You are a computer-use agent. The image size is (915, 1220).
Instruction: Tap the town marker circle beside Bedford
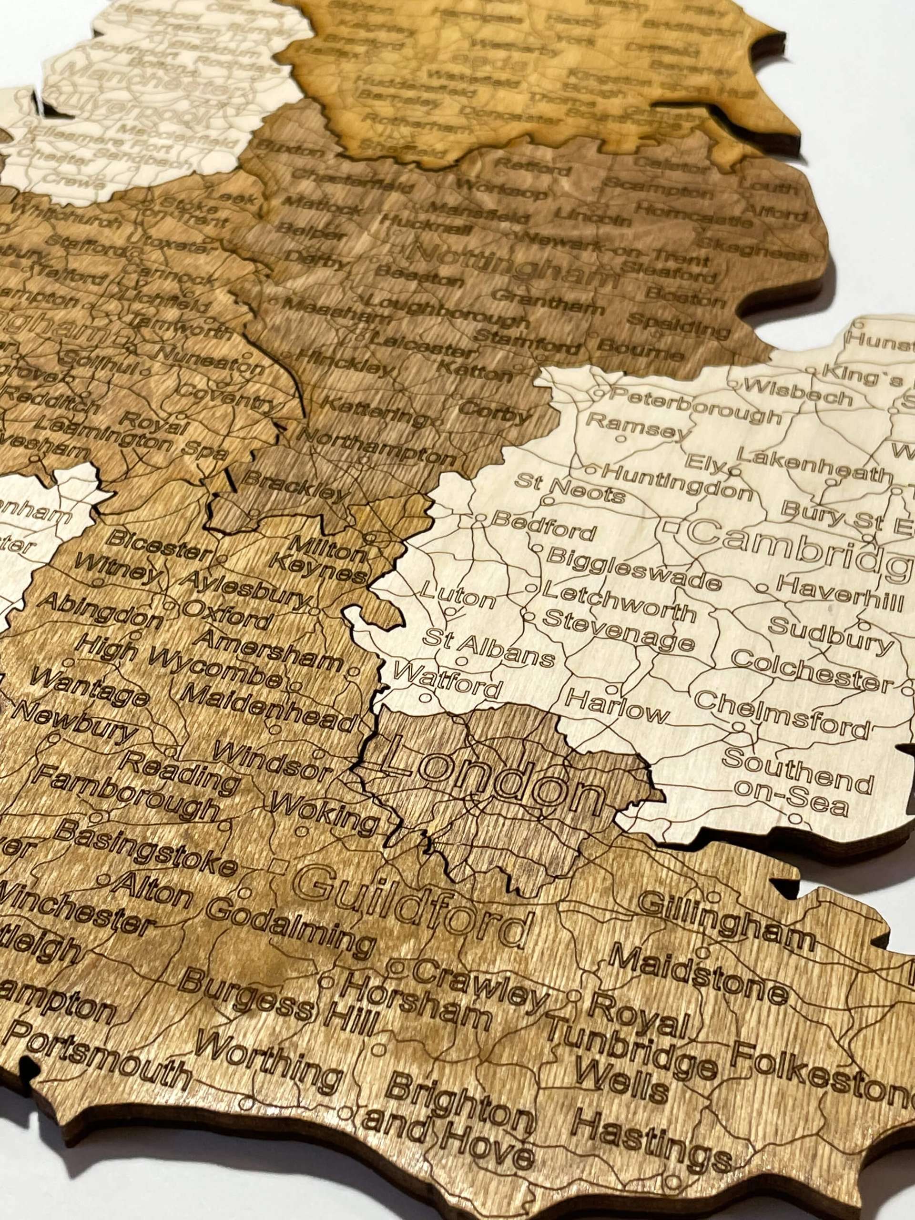(480, 518)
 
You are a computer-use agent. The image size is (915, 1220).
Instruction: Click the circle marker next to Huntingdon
(590, 470)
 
